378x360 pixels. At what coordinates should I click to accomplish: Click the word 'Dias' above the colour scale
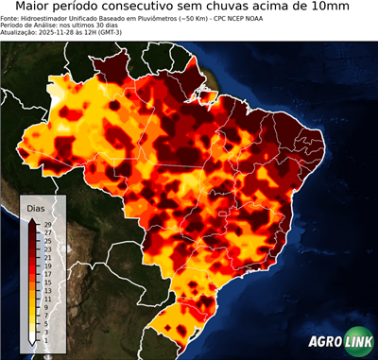(36, 207)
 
